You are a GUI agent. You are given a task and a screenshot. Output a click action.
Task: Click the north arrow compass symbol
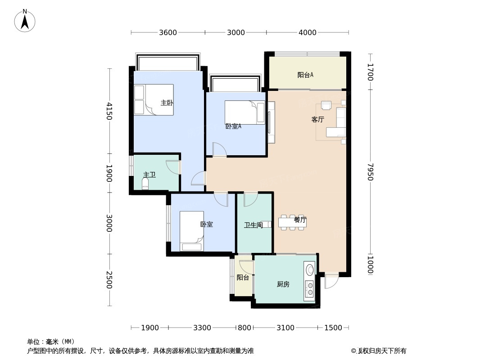click(x=25, y=21)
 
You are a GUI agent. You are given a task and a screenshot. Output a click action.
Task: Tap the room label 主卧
click(x=167, y=103)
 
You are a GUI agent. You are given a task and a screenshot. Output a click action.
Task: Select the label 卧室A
click(x=233, y=126)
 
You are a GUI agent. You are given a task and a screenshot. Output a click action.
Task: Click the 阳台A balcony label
click(x=305, y=75)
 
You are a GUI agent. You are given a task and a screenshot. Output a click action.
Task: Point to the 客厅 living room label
click(x=317, y=120)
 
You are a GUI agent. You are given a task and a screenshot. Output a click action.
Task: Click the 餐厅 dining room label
click(x=300, y=220)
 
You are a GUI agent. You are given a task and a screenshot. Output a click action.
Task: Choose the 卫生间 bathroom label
click(x=253, y=225)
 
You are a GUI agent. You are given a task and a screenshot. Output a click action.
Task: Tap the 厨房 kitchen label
click(x=283, y=284)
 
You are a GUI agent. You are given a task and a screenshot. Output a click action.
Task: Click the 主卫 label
click(x=149, y=175)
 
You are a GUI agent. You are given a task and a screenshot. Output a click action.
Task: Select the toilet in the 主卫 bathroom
click(x=145, y=184)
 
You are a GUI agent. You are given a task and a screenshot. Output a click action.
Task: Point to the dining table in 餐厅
click(x=292, y=222)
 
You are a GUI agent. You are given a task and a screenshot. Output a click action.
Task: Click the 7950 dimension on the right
click(x=370, y=172)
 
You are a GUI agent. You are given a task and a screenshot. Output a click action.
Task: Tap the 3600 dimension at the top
click(x=168, y=32)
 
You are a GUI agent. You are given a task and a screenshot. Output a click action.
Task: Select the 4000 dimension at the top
click(x=307, y=32)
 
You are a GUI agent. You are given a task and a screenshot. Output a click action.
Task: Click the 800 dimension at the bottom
click(x=244, y=328)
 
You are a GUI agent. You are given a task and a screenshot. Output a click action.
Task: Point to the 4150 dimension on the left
click(x=109, y=111)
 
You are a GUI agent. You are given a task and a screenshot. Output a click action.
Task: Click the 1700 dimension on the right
click(x=370, y=72)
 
